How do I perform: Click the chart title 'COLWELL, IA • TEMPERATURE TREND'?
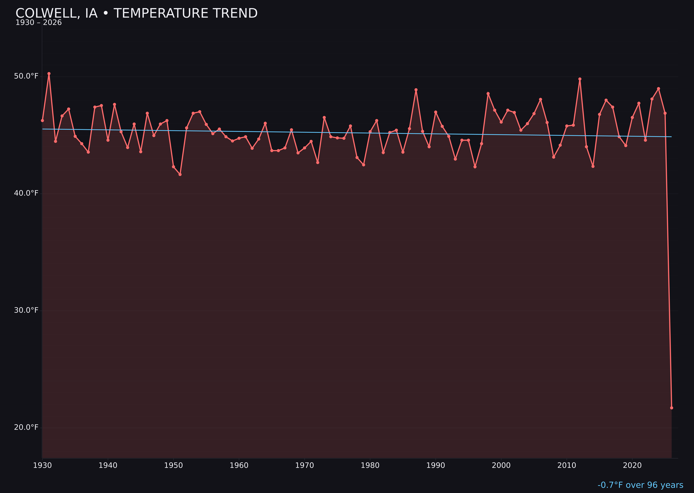(136, 13)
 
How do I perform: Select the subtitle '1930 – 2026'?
(39, 23)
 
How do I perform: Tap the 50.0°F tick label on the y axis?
(26, 76)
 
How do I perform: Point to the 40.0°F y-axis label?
(26, 193)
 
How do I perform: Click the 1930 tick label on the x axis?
(42, 465)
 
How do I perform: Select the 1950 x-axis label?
(173, 465)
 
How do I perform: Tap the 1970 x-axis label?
(304, 465)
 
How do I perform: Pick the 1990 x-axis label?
(435, 465)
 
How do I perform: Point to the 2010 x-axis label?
(567, 465)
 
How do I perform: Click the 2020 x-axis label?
(632, 465)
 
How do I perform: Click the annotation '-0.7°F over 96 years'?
(640, 485)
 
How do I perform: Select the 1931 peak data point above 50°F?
(49, 73)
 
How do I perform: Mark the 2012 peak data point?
(580, 79)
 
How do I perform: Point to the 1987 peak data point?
(416, 90)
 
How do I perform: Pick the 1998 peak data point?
(488, 94)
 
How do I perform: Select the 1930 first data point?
(42, 120)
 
